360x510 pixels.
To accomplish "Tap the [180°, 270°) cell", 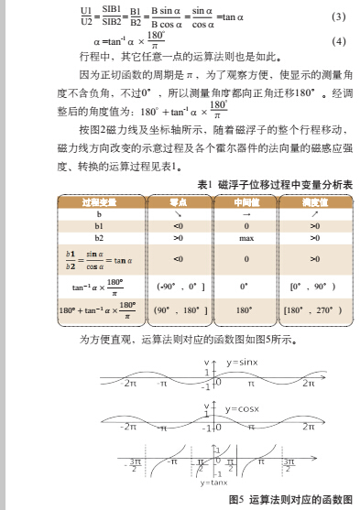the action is tap(313, 310).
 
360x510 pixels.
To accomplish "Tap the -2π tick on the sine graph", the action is tap(130, 385).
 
